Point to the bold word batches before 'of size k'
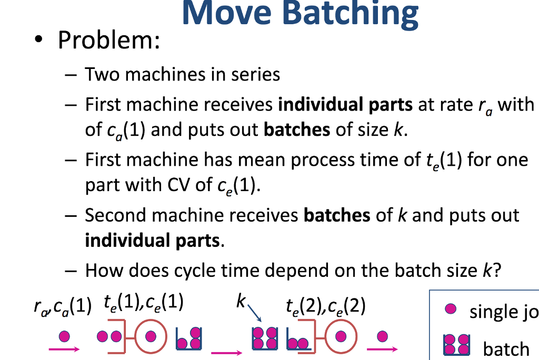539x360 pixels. pyautogui.click(x=297, y=129)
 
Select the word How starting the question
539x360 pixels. pyautogui.click(x=102, y=271)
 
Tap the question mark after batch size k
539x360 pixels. pyautogui.click(x=496, y=271)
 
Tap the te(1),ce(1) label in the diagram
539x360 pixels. pyautogui.click(x=144, y=304)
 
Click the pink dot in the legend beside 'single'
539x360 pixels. pyautogui.click(x=449, y=309)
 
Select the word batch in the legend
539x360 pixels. pyautogui.click(x=506, y=348)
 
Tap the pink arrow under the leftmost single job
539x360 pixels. pyautogui.click(x=64, y=348)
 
